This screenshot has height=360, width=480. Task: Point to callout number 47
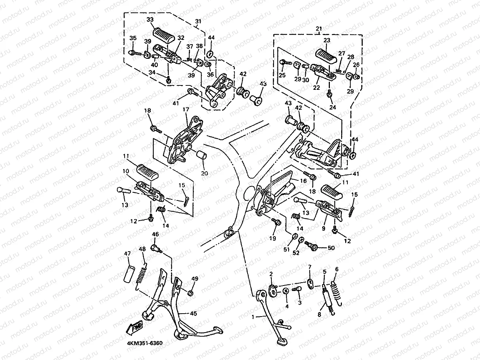(127, 253)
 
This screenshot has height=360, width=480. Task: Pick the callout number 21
(319, 28)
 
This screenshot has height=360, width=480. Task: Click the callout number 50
(331, 248)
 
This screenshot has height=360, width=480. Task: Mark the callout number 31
(198, 21)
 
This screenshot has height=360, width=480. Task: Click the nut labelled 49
(190, 293)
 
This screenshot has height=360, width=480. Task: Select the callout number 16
(304, 180)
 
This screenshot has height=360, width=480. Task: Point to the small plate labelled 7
(310, 283)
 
